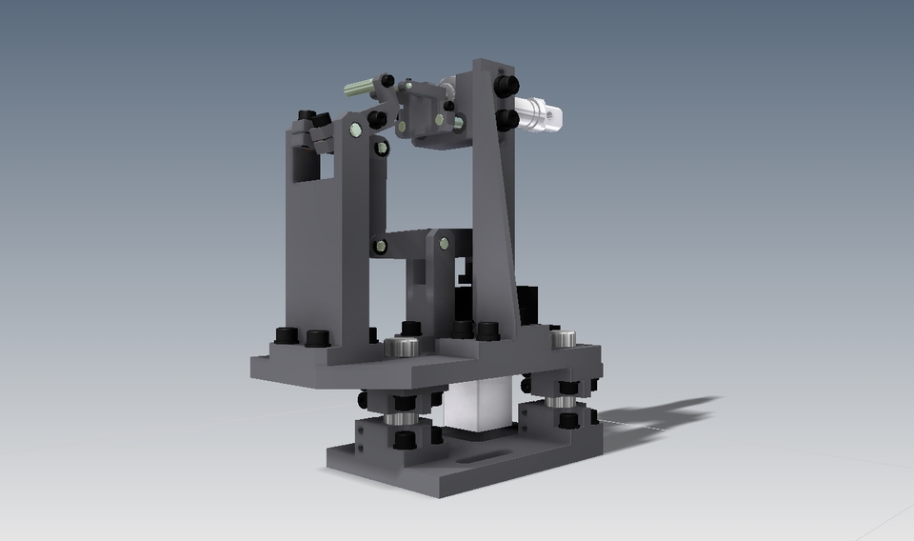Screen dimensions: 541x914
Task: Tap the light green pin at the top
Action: (x=359, y=88)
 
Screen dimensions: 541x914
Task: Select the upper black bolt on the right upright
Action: (x=506, y=86)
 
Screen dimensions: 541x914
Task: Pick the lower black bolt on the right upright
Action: (x=507, y=120)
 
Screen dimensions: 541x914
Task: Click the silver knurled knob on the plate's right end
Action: (x=564, y=339)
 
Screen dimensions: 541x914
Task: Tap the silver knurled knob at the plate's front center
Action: (x=402, y=348)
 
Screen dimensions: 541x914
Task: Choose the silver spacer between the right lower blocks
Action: (x=561, y=401)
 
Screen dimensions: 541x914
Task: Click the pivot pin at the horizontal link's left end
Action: (x=380, y=247)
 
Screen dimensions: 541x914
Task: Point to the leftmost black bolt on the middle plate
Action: (x=286, y=335)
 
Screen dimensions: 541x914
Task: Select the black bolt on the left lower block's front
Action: (x=404, y=439)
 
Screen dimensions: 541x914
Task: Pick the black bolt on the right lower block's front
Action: (x=567, y=420)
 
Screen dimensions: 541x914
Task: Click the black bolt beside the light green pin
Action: (x=387, y=81)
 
